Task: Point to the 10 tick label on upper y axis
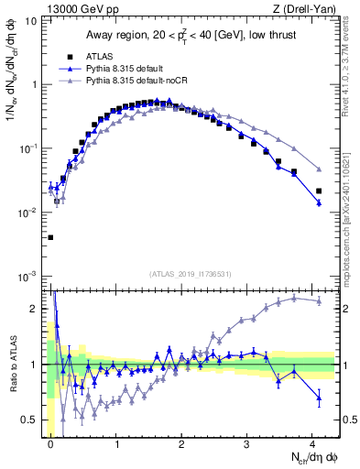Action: point(31,20)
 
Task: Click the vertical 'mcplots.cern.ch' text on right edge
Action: point(353,220)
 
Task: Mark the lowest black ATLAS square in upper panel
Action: point(50,237)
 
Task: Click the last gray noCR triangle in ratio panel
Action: point(319,300)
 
